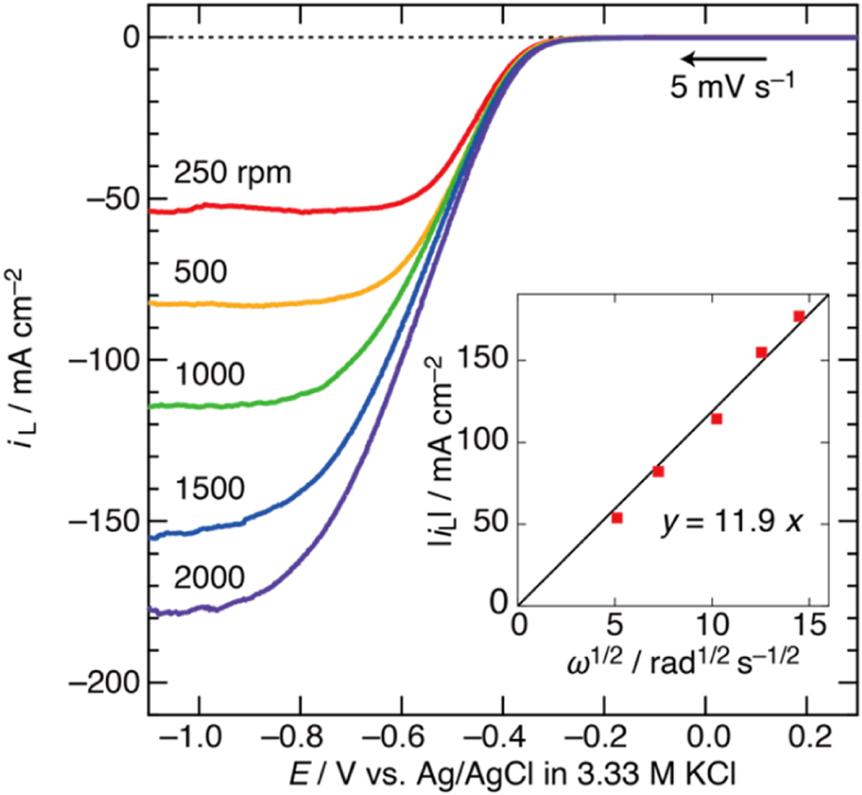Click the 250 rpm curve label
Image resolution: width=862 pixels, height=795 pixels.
point(234,174)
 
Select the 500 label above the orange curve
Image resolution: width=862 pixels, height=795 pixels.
point(200,272)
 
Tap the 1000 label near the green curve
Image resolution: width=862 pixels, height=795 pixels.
point(210,374)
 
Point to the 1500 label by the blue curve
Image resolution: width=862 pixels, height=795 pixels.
point(210,487)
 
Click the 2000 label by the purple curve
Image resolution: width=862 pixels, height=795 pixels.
point(210,577)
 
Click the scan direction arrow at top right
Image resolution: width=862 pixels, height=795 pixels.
point(722,59)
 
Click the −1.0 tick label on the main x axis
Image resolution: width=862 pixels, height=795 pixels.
point(198,738)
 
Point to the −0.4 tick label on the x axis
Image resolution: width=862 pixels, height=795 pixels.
point(504,738)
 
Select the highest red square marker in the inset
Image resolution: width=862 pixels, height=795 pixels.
point(799,316)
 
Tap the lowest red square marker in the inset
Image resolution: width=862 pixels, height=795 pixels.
point(617,517)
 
